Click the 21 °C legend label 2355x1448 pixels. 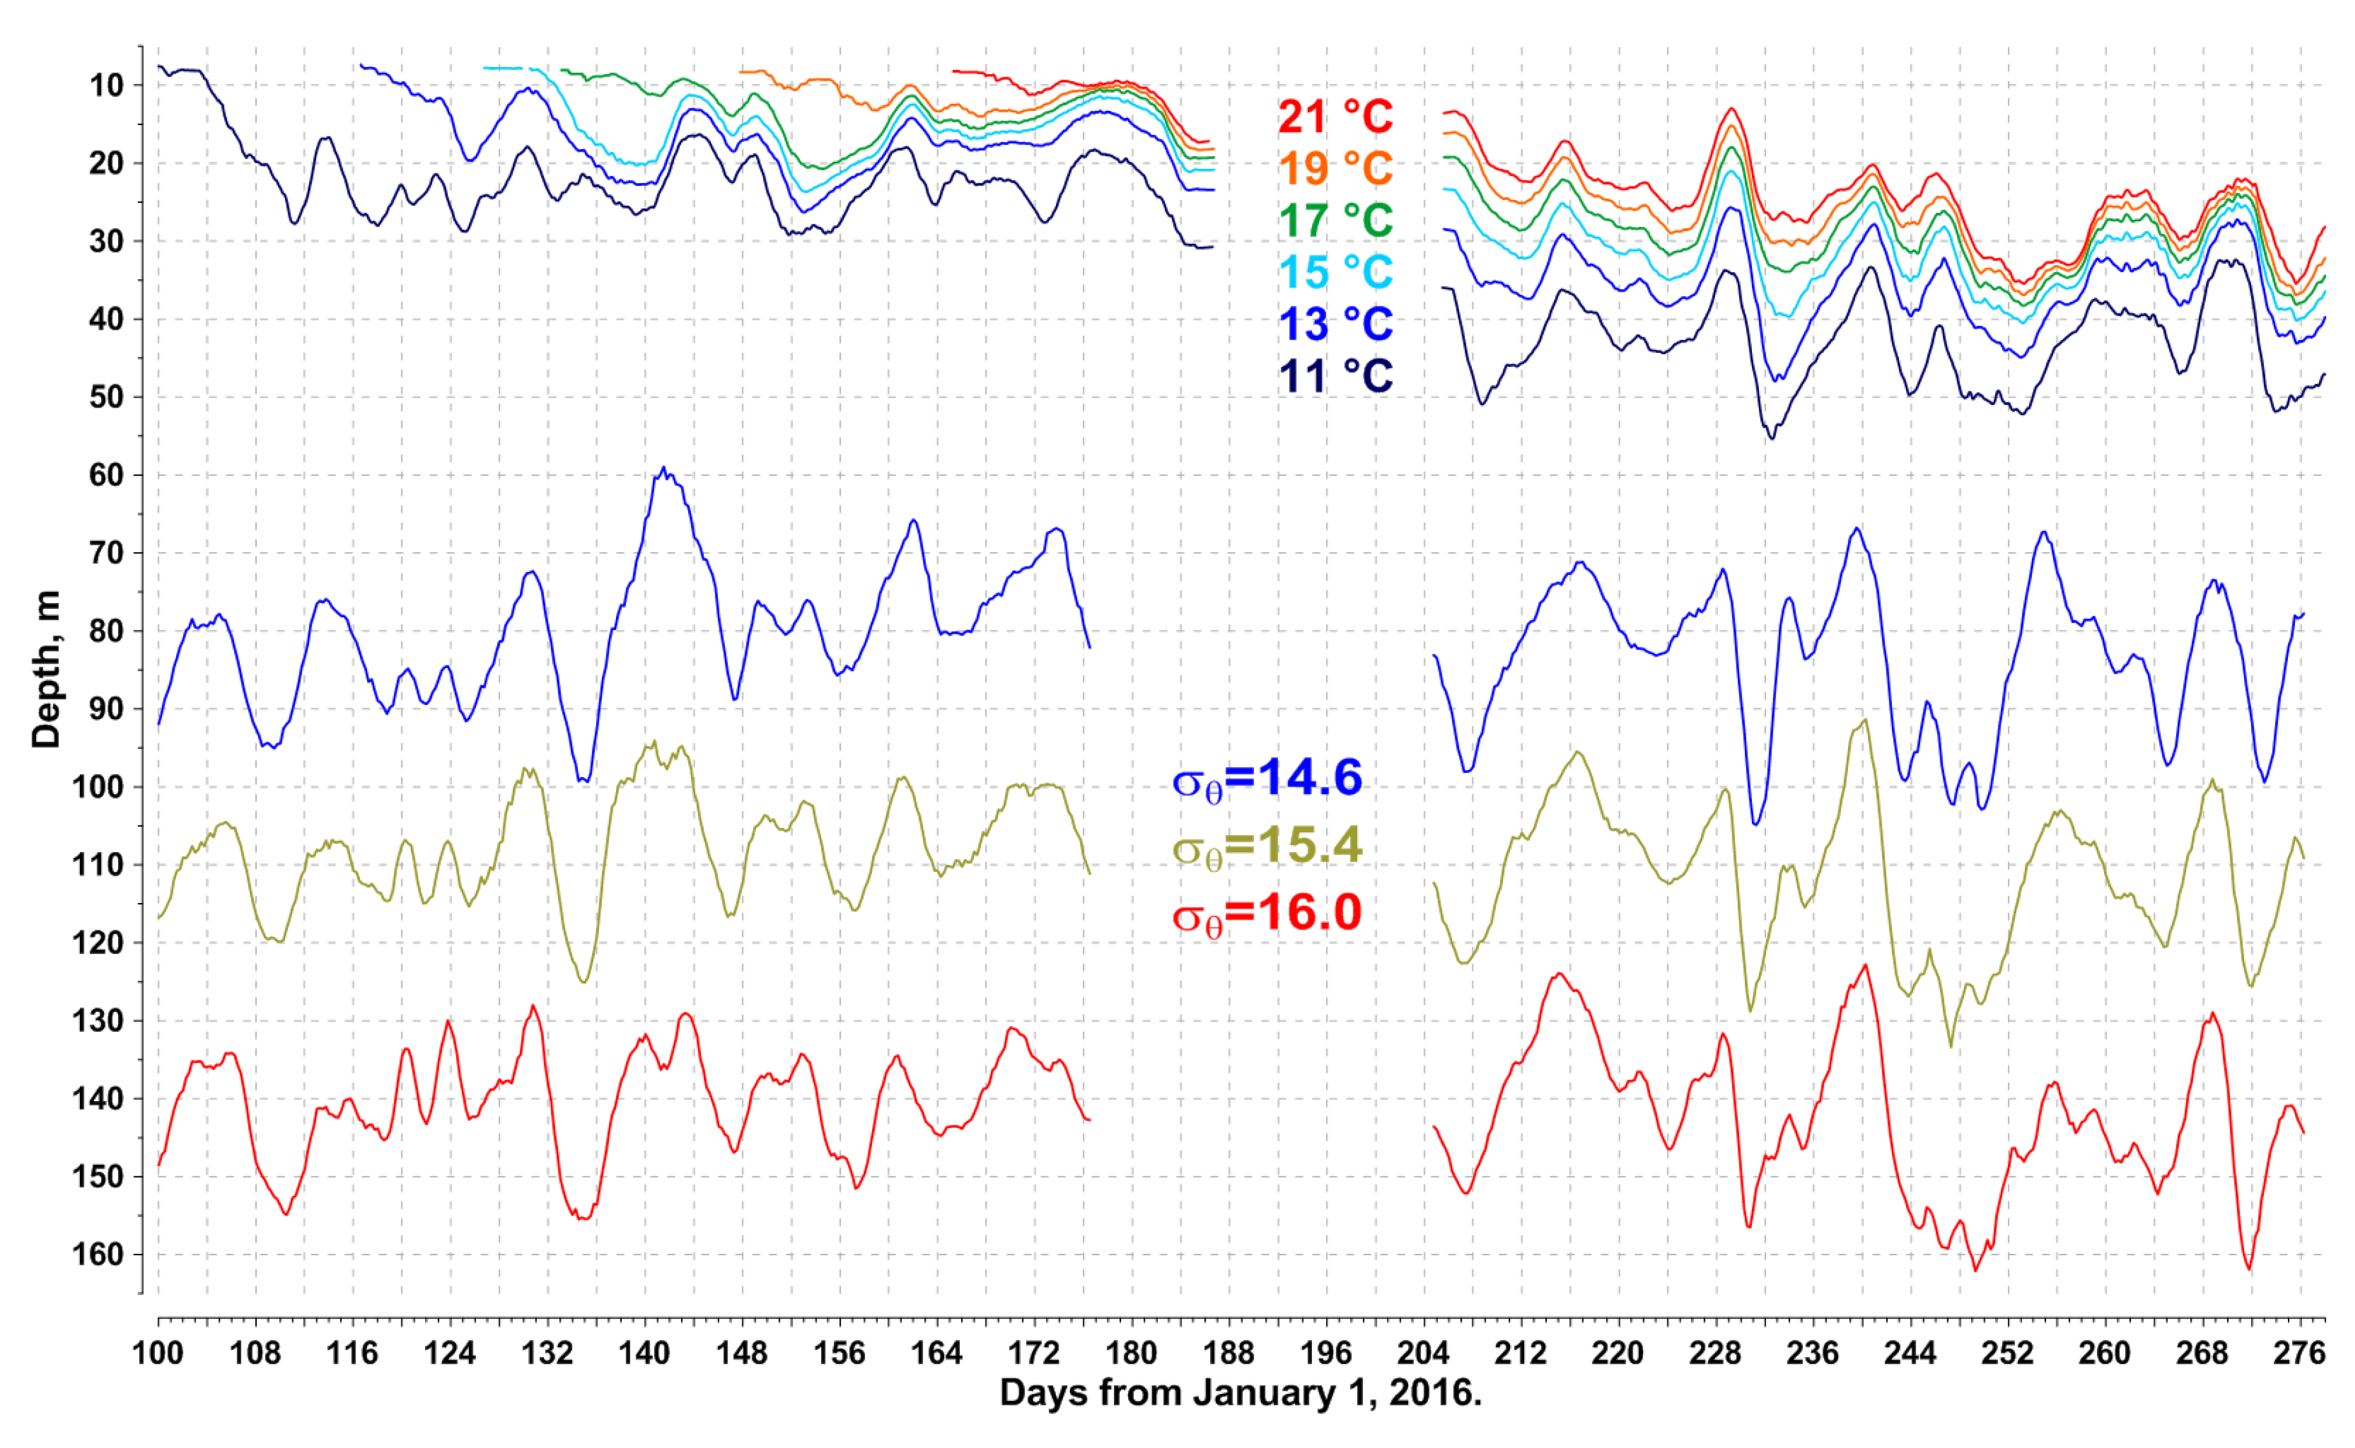coord(1335,117)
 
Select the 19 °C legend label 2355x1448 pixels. coord(1335,168)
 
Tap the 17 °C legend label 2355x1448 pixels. coord(1335,221)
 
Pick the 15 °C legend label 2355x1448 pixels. coord(1335,272)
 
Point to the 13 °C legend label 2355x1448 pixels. coord(1335,324)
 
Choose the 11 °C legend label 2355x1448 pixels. coord(1335,375)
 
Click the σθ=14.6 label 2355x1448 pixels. coord(1266,778)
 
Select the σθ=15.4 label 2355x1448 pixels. coord(1266,846)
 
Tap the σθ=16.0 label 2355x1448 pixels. coord(1266,913)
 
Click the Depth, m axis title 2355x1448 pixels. coord(45,669)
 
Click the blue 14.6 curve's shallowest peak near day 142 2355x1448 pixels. coord(664,470)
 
